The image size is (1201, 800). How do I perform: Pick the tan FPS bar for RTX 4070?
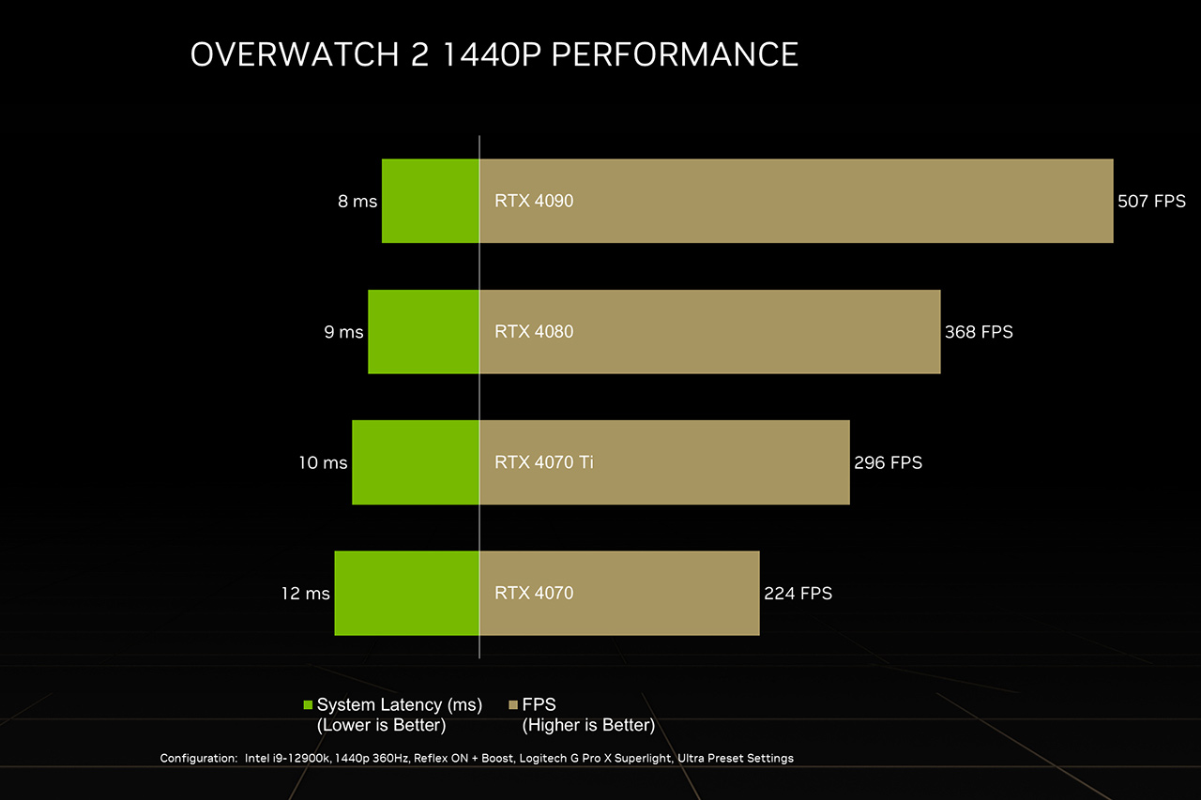click(619, 593)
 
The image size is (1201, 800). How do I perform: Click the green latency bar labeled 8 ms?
click(431, 201)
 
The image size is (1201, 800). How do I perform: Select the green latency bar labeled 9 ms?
click(423, 332)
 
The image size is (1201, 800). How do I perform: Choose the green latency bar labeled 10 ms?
click(416, 462)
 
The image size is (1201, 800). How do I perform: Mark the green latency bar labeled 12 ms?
click(406, 593)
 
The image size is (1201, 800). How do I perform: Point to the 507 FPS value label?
click(1151, 202)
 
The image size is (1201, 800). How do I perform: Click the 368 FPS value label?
click(979, 332)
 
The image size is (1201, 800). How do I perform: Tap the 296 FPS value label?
click(888, 462)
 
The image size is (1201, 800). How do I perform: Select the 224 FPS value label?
click(798, 594)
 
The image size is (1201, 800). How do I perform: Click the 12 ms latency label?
click(305, 594)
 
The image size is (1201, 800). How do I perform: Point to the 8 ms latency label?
click(357, 202)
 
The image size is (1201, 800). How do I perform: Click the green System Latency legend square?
click(308, 705)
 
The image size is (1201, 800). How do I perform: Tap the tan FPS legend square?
click(512, 705)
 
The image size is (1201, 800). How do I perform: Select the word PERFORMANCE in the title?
click(675, 54)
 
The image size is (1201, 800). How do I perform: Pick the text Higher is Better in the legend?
click(588, 725)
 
